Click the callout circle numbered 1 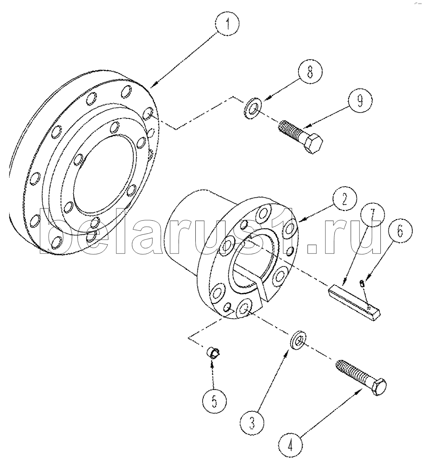coord(227,24)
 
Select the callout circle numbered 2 coord(344,199)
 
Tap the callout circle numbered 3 coord(252,423)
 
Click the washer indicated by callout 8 coord(253,108)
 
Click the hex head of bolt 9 coord(314,144)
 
